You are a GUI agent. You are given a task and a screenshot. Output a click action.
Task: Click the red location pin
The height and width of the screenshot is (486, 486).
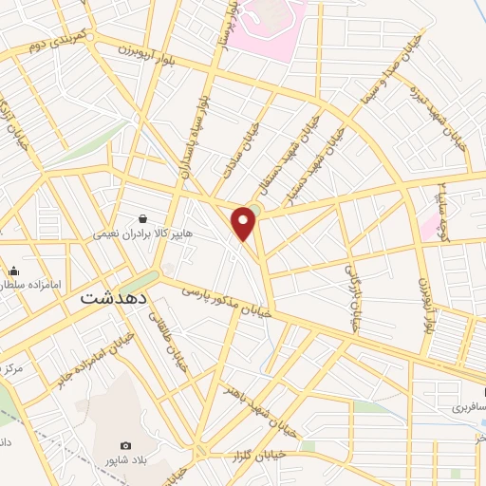(x=245, y=223)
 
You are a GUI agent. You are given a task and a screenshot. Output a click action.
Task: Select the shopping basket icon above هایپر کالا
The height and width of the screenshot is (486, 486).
(x=142, y=217)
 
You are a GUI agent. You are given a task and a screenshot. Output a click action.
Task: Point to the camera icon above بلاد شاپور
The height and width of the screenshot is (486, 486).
(x=125, y=445)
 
